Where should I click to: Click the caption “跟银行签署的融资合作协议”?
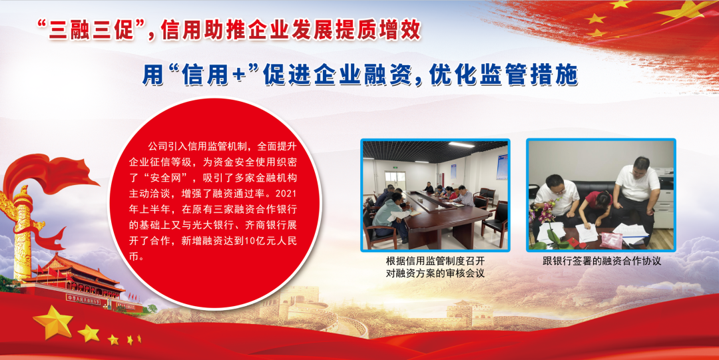(602, 262)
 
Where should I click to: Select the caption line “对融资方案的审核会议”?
(435, 273)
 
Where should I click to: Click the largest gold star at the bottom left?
(53, 322)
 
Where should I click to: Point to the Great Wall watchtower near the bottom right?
(465, 312)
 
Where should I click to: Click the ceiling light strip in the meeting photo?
(461, 145)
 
